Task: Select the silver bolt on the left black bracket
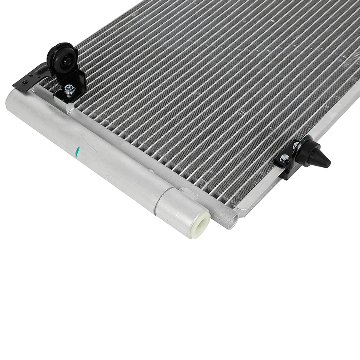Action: tap(69, 90)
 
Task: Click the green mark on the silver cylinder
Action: tap(78, 152)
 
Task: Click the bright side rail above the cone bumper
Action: tap(330, 120)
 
